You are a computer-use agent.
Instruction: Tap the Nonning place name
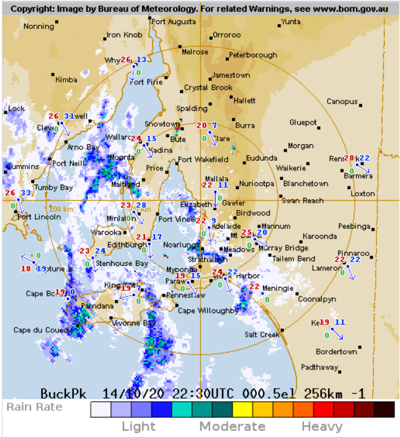(x=38, y=27)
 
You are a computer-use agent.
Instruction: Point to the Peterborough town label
(x=253, y=55)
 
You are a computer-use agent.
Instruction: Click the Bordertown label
(x=337, y=351)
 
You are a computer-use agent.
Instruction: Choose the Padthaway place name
(x=319, y=367)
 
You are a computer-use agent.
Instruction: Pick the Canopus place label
(x=342, y=102)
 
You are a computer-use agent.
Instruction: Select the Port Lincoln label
(x=39, y=217)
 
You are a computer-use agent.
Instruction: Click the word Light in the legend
(x=138, y=426)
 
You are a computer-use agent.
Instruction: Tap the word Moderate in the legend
(x=232, y=426)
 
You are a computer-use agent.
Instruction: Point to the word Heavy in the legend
(x=322, y=426)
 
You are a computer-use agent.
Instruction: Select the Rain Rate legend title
(x=35, y=407)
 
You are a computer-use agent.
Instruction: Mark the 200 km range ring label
(x=62, y=209)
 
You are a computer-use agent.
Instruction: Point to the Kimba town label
(x=66, y=80)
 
